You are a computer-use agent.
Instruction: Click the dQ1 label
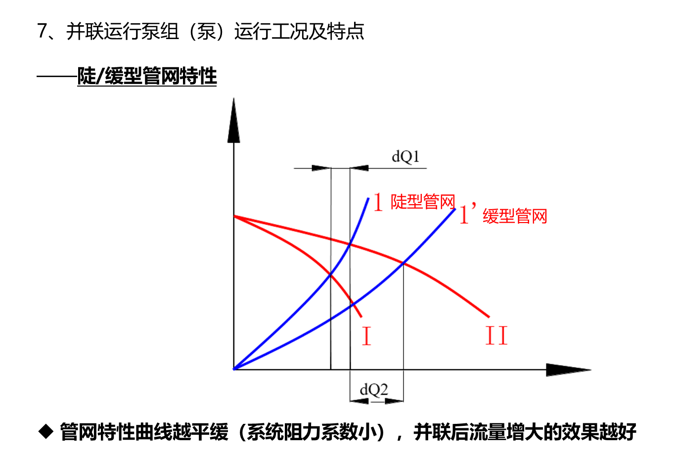pos(405,157)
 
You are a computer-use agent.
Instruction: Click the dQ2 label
pos(374,390)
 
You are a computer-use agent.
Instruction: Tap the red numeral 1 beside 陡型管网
pos(378,202)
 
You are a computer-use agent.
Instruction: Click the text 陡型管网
pos(422,202)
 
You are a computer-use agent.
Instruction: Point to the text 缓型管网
pos(515,217)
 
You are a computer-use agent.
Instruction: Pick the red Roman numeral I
pos(366,336)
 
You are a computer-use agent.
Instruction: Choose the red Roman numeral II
pos(496,336)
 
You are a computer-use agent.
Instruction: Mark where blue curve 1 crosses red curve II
pos(350,243)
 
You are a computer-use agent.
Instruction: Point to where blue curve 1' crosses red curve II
pos(403,263)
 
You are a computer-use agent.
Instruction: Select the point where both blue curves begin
pos(234,369)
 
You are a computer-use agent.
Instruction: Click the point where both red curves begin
pos(235,216)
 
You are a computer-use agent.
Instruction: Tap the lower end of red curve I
pos(363,317)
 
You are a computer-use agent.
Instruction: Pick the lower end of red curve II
pos(490,317)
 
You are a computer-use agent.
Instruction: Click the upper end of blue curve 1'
pos(454,210)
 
